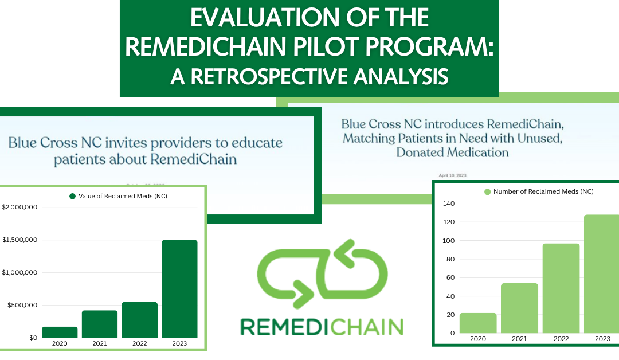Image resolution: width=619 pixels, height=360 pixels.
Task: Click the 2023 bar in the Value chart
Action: [x=179, y=289]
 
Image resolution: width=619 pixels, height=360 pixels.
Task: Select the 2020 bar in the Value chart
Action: [x=59, y=332]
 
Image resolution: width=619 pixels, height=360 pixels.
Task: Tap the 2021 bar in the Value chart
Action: [x=99, y=324]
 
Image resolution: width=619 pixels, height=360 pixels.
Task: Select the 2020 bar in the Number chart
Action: [x=478, y=323]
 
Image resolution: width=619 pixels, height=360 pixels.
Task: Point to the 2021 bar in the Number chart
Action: [x=519, y=308]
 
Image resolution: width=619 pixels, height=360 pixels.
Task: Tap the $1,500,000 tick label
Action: [x=19, y=240]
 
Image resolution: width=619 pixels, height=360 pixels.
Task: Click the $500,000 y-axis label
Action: [x=21, y=305]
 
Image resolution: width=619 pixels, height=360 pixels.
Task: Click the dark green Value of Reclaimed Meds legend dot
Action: [x=72, y=196]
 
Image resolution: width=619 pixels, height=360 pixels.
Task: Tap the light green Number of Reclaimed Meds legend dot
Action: [x=488, y=192]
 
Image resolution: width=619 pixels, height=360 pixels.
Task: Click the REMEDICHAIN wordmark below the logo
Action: [x=321, y=327]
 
